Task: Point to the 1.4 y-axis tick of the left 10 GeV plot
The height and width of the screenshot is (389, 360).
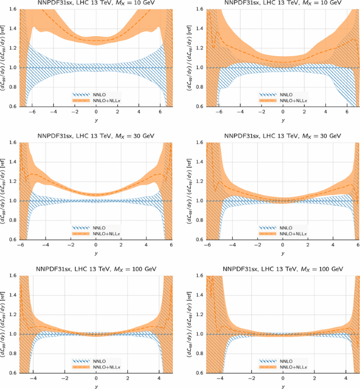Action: [x=13, y=28]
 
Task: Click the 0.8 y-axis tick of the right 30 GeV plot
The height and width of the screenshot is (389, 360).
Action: [x=200, y=220]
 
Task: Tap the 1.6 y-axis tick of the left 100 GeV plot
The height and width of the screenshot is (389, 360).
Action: [x=13, y=276]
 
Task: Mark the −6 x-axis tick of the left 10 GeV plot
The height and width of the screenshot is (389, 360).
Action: [x=32, y=112]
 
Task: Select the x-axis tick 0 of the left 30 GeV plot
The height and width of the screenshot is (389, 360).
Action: [x=96, y=245]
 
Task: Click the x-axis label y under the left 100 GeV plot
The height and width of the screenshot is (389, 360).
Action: [x=96, y=386]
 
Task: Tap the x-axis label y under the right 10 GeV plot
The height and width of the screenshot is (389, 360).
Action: [x=283, y=120]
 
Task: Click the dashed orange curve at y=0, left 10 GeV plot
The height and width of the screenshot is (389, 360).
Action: [x=96, y=40]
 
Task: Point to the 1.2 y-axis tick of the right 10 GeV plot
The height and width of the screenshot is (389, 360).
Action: [x=200, y=48]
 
